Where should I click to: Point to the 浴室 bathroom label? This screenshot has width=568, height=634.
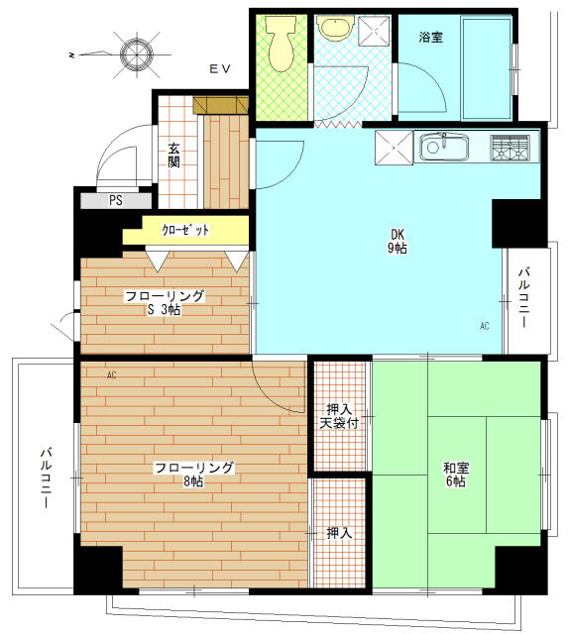click(430, 37)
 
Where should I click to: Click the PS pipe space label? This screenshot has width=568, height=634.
click(116, 200)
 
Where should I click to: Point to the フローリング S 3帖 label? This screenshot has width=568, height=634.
click(164, 302)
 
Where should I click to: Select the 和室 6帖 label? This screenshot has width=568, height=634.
click(455, 475)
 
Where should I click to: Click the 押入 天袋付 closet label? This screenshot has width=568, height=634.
click(339, 416)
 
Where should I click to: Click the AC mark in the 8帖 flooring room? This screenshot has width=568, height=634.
click(111, 374)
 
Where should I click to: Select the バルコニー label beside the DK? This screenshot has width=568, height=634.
click(524, 298)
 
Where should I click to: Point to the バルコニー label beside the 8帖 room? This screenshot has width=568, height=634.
click(46, 478)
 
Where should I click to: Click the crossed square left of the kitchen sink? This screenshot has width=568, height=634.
click(395, 149)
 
